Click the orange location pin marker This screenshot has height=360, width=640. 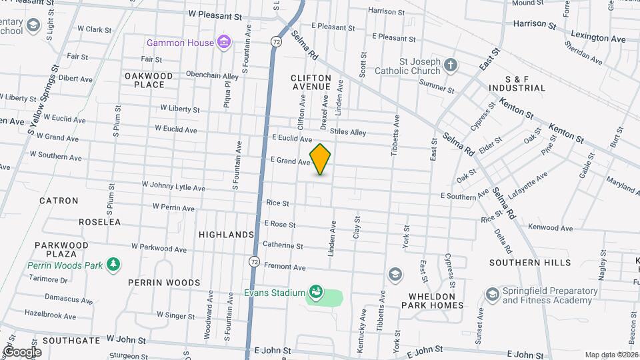[321, 159]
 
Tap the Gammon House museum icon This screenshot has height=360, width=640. [225, 43]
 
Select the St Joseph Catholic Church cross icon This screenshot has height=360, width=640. [451, 65]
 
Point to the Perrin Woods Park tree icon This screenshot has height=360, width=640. [113, 265]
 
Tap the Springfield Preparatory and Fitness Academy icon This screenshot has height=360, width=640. [493, 294]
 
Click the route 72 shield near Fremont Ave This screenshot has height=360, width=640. [255, 261]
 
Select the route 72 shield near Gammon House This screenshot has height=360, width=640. [275, 41]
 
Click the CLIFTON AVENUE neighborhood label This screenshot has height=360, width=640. [311, 83]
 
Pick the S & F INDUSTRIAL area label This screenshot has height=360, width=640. [517, 83]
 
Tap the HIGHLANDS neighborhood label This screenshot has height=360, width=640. [227, 235]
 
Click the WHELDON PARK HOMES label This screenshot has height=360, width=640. [432, 300]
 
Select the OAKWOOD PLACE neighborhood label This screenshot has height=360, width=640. [149, 80]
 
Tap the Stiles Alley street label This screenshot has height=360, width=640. [348, 133]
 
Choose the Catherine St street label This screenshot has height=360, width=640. [283, 245]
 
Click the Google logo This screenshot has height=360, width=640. [22, 352]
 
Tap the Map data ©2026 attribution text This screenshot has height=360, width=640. [611, 355]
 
